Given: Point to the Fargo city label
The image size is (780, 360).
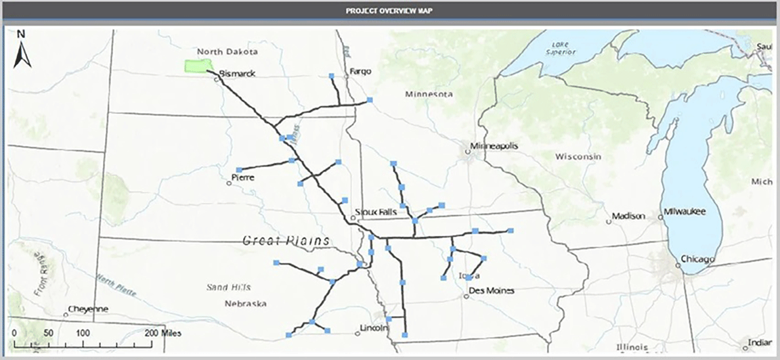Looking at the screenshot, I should pos(362,71).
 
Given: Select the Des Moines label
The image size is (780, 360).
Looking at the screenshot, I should pos(492,291).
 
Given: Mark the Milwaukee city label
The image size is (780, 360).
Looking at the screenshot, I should pos(685,212).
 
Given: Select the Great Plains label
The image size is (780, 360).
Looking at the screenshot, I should pos(286,240).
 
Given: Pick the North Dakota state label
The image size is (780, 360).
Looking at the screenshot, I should pos(227,52).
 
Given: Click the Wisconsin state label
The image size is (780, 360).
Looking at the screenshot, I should pos(578,156).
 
